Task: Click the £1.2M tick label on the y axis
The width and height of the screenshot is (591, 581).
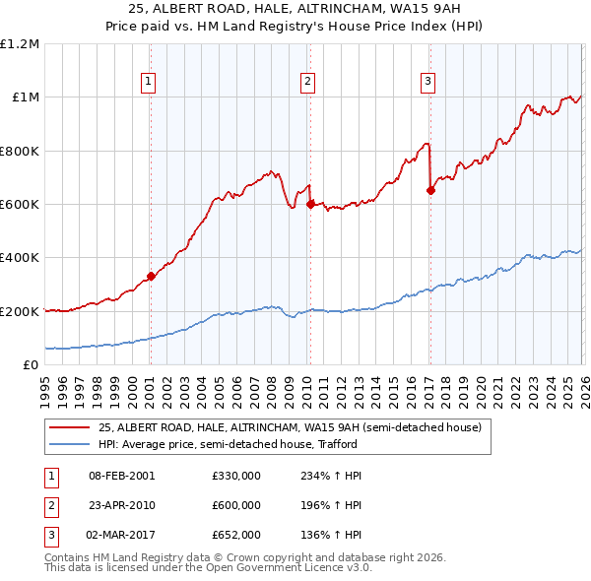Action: (20, 44)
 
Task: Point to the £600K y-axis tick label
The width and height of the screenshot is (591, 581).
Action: (20, 205)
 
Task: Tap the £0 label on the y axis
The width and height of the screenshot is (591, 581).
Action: (32, 365)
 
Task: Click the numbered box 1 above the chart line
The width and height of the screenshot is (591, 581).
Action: (149, 82)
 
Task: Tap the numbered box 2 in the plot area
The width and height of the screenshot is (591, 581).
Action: (308, 82)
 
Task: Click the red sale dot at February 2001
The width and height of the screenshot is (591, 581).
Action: (151, 277)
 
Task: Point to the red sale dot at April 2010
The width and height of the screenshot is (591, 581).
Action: (310, 204)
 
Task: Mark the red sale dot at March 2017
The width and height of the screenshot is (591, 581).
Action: (430, 190)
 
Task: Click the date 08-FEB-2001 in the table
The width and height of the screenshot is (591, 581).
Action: (121, 476)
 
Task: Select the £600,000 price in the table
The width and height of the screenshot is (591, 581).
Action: (236, 505)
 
